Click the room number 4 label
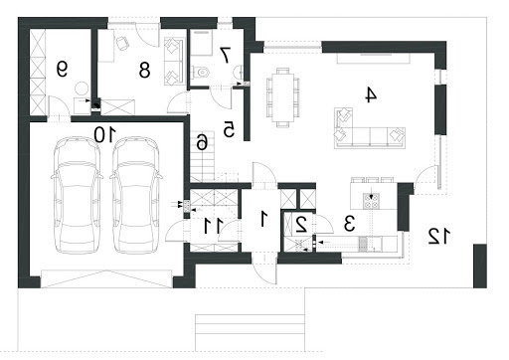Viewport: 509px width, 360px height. (371, 94)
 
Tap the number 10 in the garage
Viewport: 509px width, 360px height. (104, 135)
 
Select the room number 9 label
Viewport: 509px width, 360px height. (62, 70)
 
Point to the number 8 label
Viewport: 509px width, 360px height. (144, 70)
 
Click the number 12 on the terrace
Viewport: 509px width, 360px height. (439, 236)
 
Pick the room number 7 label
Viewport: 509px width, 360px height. (225, 55)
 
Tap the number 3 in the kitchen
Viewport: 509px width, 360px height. (349, 223)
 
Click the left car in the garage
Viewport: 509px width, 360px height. (77, 195)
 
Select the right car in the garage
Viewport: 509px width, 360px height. (136, 195)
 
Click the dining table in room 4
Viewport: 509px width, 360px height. (283, 97)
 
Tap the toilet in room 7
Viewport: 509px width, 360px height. (200, 72)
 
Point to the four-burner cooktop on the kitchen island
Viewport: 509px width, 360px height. (371, 201)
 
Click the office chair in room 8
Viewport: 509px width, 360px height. (121, 43)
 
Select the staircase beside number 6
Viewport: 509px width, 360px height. (203, 156)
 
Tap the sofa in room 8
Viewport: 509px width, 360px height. (174, 62)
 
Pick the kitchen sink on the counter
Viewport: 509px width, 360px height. (363, 244)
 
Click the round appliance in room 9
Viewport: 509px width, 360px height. (82, 89)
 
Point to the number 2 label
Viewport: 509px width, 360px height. (301, 225)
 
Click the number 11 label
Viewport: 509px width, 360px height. (214, 226)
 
